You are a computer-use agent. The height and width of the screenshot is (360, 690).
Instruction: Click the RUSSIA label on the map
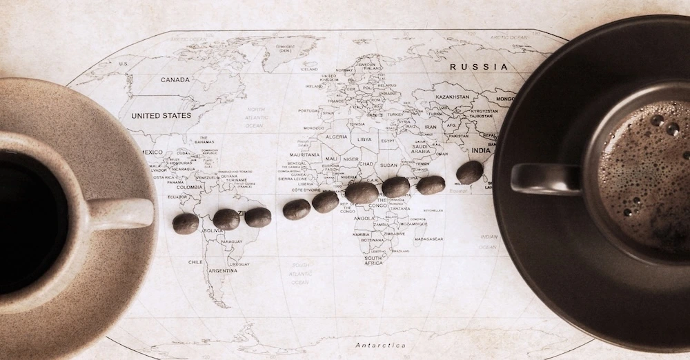478,67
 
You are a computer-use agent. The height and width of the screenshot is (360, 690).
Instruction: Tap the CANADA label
175,80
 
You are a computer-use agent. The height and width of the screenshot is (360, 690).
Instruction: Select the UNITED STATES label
161,116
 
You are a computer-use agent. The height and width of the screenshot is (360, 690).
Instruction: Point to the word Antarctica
380,345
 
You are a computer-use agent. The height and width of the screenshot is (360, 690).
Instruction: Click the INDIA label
480,150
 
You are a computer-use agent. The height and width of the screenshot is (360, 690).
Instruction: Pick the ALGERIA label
336,137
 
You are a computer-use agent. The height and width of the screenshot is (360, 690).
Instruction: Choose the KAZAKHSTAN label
453,97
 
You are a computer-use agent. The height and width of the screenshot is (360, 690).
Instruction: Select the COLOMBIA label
189,187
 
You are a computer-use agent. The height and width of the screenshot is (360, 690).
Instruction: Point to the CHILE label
195,262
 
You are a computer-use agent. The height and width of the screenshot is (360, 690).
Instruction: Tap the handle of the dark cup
545,179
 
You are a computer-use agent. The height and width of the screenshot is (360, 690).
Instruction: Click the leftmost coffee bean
185,223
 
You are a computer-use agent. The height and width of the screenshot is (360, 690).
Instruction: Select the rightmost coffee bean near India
469,172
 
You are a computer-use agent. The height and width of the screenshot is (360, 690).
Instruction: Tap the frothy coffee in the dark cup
645,172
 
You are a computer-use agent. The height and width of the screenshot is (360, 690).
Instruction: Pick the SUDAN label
388,166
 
